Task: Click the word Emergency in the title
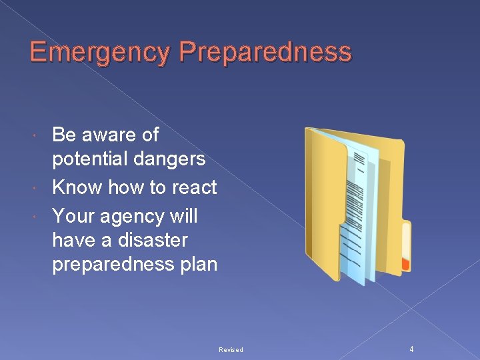click(87, 53)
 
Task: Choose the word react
click(194, 187)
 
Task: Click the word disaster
click(150, 240)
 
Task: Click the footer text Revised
click(231, 350)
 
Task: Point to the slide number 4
click(411, 349)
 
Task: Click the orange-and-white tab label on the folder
click(405, 247)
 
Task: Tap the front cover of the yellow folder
click(325, 200)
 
